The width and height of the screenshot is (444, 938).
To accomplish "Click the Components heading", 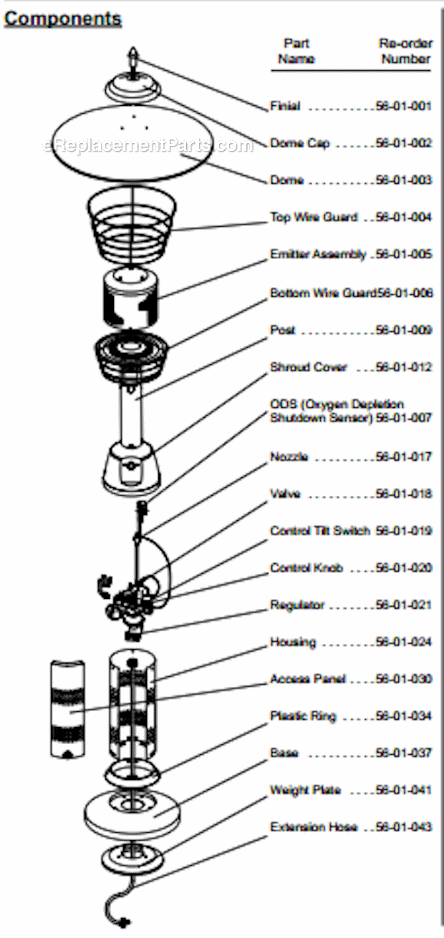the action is (63, 19).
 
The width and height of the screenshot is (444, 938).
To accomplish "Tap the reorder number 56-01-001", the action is (404, 106).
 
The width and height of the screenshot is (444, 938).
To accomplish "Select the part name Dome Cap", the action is (300, 144).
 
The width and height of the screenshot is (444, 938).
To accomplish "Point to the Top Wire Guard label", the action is (314, 218).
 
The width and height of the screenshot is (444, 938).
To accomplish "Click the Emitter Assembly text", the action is (318, 255).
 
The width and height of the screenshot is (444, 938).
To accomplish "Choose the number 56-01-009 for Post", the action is (404, 330).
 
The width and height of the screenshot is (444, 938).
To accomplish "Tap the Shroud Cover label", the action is (309, 367).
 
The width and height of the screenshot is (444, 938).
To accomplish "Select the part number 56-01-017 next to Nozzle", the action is (404, 456).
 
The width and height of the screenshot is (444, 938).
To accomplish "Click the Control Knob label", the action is (307, 568).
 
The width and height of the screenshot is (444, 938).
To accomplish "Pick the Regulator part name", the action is (297, 605).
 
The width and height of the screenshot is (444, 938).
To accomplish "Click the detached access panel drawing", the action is (67, 708).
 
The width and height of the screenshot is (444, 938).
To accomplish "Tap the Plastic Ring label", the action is (303, 716).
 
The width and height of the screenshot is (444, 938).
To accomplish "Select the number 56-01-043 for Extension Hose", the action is (404, 827).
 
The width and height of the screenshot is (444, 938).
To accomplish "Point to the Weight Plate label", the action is (305, 790).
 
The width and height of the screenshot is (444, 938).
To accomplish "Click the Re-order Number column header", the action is (405, 51).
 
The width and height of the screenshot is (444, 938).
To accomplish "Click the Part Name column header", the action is (296, 51).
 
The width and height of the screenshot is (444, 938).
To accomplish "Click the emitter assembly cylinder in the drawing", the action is (130, 298).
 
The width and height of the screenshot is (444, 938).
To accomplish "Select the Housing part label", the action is (293, 643).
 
